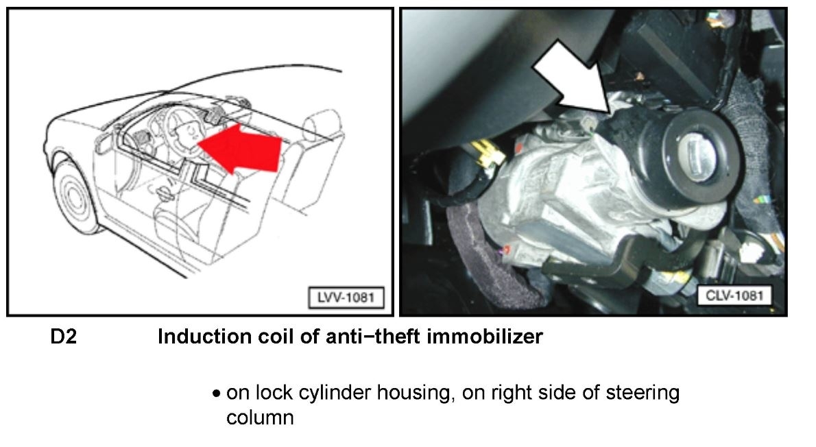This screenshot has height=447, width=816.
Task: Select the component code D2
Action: coord(63,337)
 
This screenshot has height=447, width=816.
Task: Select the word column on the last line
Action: coord(260,417)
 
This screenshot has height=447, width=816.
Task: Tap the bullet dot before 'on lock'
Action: coord(217,395)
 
